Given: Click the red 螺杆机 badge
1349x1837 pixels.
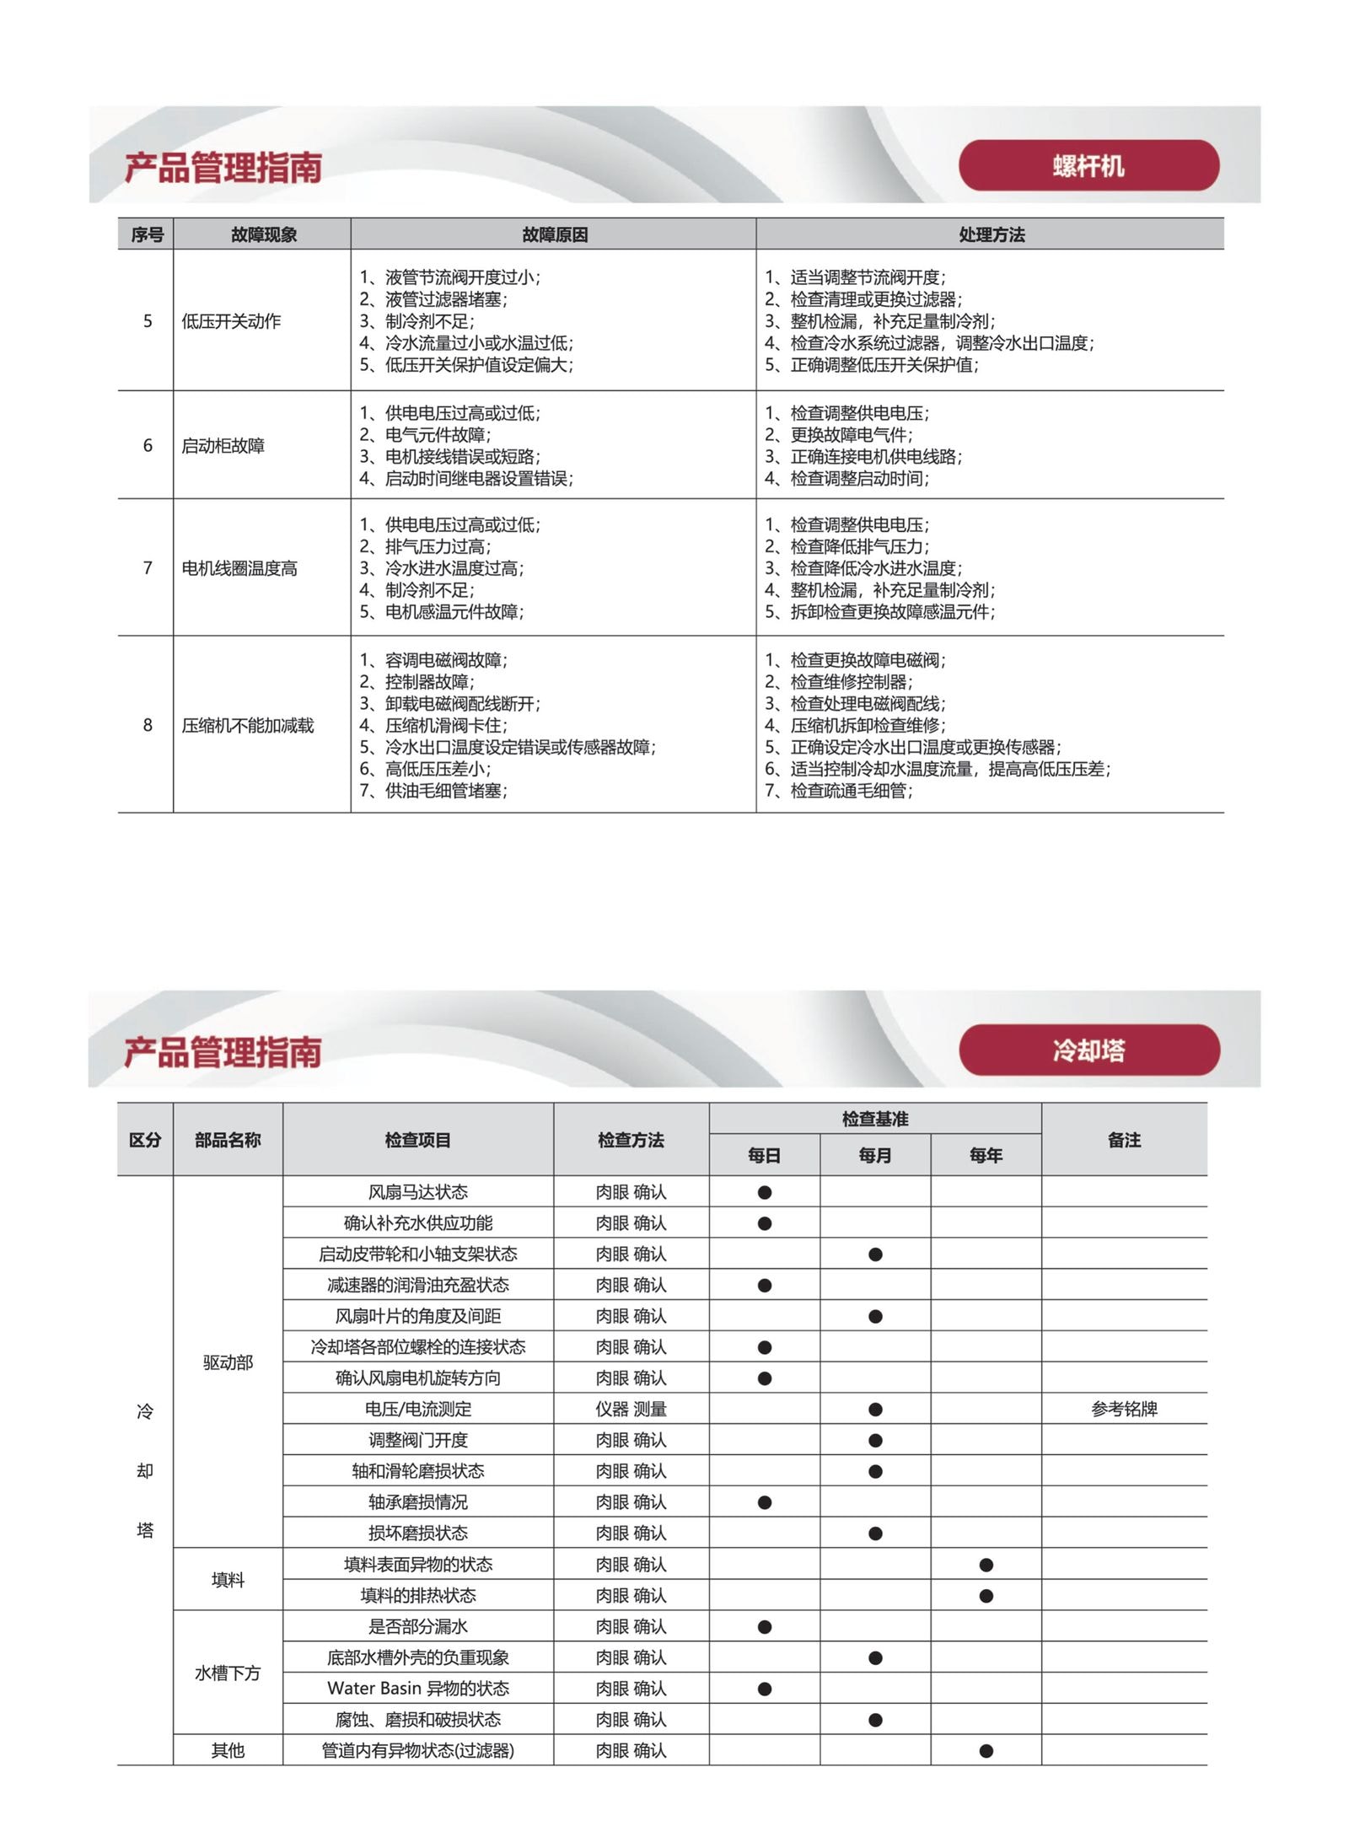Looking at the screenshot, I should click(1088, 166).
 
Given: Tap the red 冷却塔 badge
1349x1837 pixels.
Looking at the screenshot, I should click(1088, 1050).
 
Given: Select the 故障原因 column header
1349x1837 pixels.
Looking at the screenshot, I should click(554, 234).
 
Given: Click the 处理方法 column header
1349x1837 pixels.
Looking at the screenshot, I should click(991, 234).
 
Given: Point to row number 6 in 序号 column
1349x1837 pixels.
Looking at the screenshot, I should click(148, 445).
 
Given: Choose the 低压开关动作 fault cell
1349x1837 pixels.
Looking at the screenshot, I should click(231, 321).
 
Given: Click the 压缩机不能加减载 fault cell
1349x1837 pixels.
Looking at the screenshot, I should click(247, 725).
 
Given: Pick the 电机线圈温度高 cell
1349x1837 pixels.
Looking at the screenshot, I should click(239, 568).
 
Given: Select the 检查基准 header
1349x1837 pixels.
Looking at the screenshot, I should click(874, 1119).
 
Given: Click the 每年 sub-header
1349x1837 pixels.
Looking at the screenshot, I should click(986, 1155).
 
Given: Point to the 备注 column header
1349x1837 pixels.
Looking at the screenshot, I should click(1124, 1140).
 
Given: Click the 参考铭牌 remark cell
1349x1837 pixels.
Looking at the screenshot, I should click(1124, 1409).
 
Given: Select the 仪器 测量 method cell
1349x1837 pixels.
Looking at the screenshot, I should click(631, 1409).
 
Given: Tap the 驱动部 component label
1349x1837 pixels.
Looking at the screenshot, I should click(228, 1362).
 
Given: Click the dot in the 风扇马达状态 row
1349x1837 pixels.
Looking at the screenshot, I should click(765, 1193).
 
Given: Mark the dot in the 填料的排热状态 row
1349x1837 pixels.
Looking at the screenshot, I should click(986, 1596).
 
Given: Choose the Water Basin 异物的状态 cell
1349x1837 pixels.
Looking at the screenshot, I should click(418, 1689).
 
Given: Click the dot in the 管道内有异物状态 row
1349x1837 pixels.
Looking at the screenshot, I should click(986, 1751).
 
